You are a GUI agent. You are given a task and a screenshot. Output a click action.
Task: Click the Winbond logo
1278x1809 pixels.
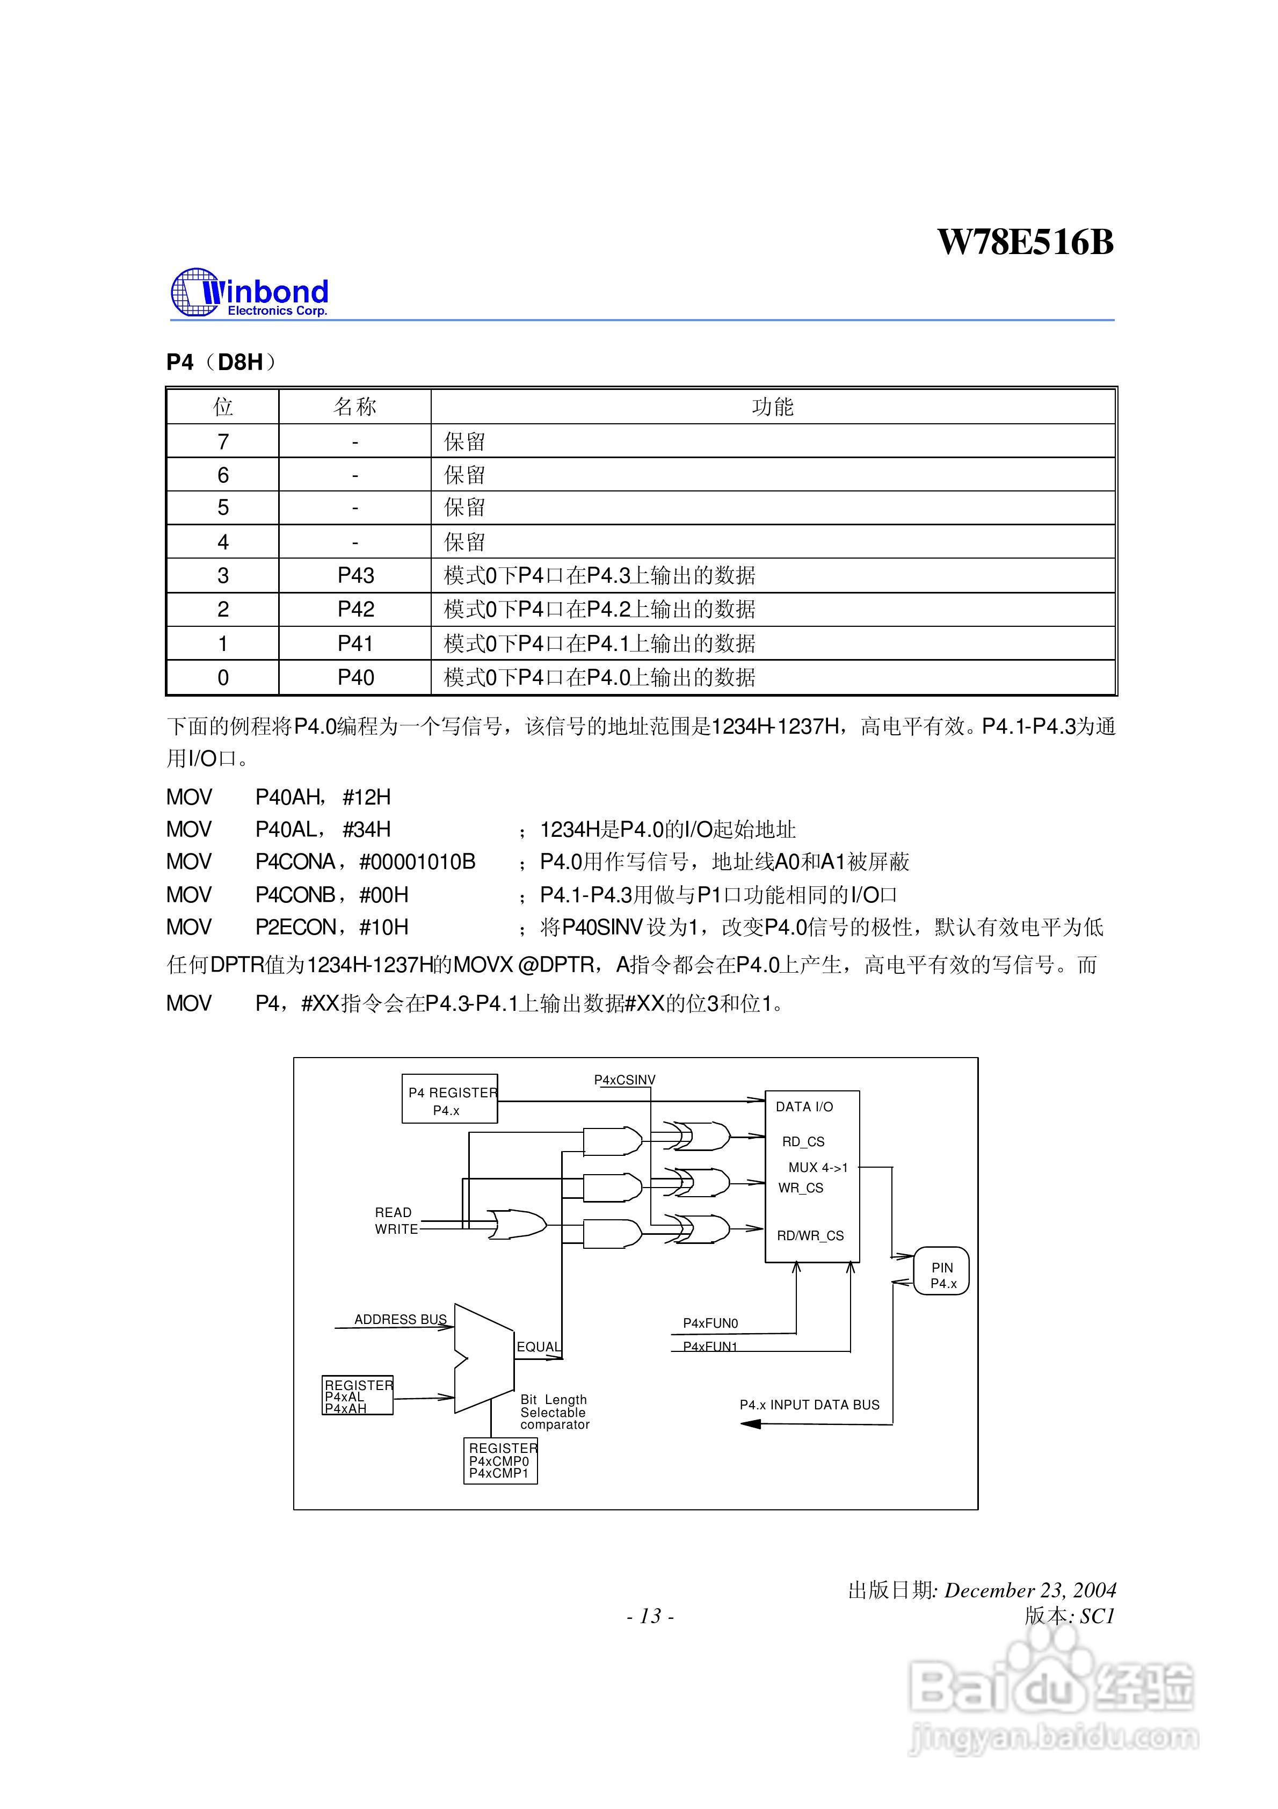tap(249, 293)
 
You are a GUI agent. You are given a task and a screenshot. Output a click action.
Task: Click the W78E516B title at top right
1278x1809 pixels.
tap(1025, 242)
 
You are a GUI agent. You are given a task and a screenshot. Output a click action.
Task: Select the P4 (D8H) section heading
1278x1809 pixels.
tap(221, 363)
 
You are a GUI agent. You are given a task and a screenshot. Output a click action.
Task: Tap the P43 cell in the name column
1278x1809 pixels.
tap(355, 576)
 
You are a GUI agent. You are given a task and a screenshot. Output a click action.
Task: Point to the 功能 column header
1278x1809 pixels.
tap(772, 407)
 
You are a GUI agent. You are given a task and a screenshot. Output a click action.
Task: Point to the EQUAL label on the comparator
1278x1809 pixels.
tap(538, 1347)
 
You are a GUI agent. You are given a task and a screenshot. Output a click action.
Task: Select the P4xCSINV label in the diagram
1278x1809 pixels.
tap(624, 1080)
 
